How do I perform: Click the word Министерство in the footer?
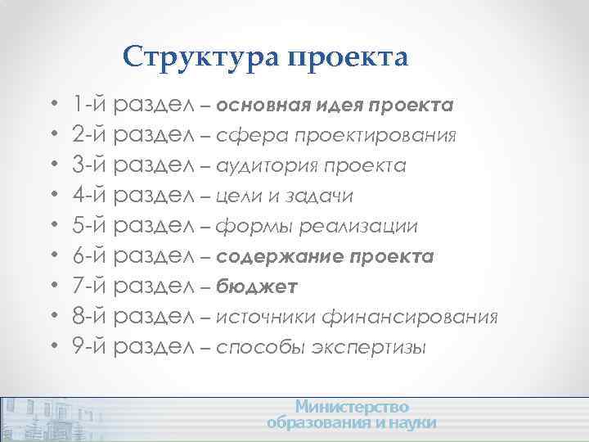352,407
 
